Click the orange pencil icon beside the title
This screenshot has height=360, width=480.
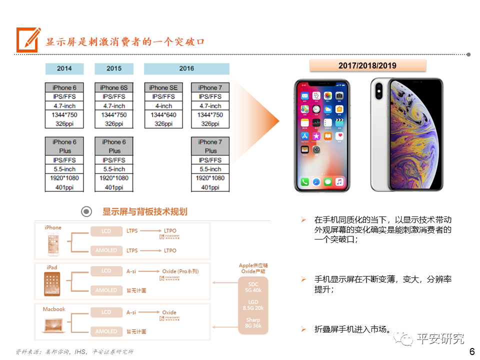pos(28,39)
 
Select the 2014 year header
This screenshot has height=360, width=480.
pos(64,68)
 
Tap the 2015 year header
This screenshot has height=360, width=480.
pos(114,68)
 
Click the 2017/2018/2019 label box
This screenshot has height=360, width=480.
pos(367,65)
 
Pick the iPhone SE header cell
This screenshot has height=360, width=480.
pos(163,87)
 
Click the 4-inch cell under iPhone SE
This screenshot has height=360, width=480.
pos(163,106)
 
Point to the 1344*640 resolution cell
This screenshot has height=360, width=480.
pos(163,115)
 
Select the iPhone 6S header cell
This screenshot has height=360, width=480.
pos(114,87)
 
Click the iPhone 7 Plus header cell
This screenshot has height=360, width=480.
pos(210,146)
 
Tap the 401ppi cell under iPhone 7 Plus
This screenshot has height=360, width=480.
pos(210,187)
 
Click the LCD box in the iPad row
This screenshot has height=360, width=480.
pos(106,271)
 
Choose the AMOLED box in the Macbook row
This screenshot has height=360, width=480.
pos(106,331)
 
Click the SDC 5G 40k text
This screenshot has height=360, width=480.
pos(253,287)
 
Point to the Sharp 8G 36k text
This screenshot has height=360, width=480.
pos(253,323)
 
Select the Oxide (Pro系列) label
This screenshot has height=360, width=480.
pos(180,271)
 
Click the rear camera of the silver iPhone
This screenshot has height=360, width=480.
pos(378,91)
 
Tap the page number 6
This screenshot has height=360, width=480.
pos(471,351)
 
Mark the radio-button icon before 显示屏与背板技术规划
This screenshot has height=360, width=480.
pos(86,212)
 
